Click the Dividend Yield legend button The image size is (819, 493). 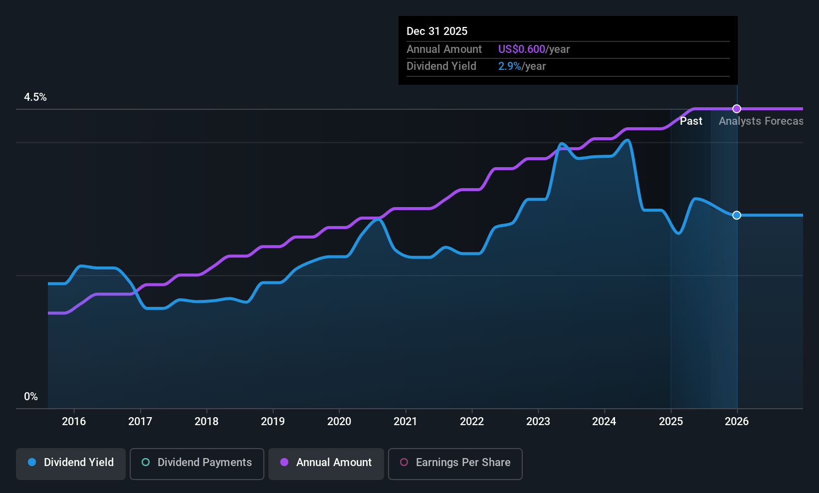click(70, 464)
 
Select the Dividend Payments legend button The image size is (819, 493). click(197, 464)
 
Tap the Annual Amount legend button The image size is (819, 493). click(326, 464)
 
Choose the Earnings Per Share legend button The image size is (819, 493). click(455, 464)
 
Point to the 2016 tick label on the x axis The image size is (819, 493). click(74, 421)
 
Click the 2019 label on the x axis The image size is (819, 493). click(273, 421)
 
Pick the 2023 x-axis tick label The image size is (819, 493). click(538, 421)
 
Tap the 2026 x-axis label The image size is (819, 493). click(737, 421)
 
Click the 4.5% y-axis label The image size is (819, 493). click(35, 97)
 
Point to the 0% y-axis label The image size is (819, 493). click(31, 397)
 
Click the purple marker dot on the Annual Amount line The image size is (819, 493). click(737, 109)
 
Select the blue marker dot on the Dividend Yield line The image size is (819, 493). click(737, 215)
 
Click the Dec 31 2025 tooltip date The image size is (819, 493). click(437, 31)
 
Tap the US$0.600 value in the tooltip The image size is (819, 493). click(522, 49)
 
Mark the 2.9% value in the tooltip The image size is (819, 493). click(510, 66)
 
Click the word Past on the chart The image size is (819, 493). click(691, 121)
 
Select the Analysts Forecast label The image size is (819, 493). click(761, 121)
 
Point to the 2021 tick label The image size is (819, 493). click(406, 421)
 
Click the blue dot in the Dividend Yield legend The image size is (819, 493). click(32, 462)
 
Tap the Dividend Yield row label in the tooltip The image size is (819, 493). click(441, 66)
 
